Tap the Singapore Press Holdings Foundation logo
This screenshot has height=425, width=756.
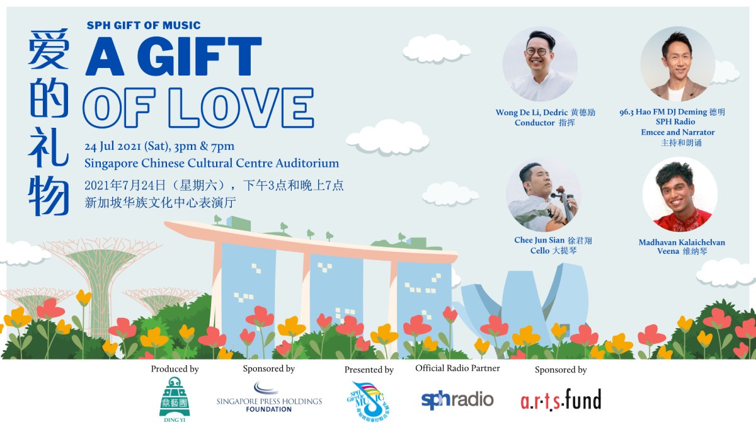click(269, 397)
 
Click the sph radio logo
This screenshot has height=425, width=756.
click(457, 400)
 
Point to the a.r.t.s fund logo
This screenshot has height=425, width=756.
click(561, 400)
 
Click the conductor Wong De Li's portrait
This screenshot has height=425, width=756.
click(540, 64)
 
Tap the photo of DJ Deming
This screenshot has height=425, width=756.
click(677, 64)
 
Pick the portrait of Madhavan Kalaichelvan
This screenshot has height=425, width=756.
click(680, 195)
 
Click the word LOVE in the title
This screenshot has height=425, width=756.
click(241, 108)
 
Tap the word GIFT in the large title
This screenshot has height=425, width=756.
click(199, 56)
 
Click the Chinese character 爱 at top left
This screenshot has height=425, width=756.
click(49, 49)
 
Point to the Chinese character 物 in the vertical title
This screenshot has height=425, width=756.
click(49, 196)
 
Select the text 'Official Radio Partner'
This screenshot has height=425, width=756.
click(457, 368)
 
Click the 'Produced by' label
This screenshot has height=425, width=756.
click(175, 369)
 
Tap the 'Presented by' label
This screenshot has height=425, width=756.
click(369, 370)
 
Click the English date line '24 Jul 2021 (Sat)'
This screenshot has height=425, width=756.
click(127, 146)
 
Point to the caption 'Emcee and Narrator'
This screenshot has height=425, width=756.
click(678, 132)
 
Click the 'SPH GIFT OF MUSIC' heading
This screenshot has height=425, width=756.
click(144, 25)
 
